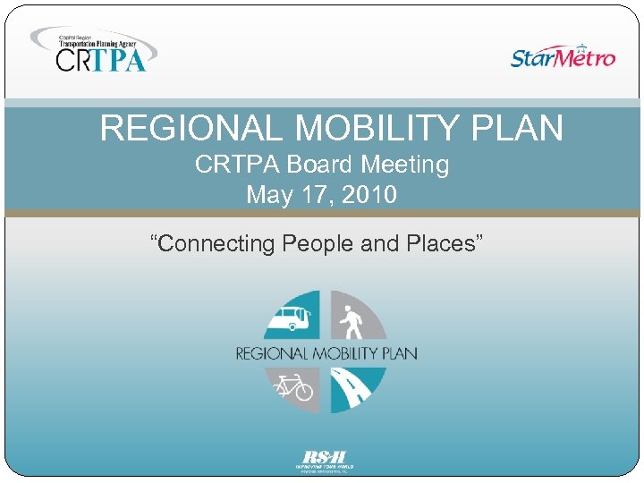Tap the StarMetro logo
click(563, 56)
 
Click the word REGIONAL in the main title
click(192, 129)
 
